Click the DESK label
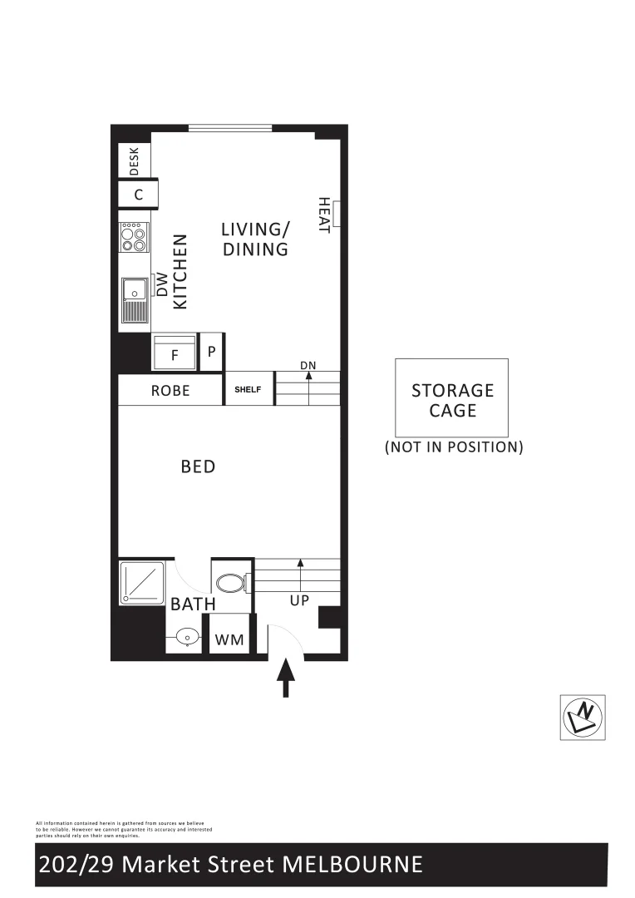pos(135,161)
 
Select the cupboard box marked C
pos(138,195)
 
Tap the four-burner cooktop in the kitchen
pos(134,237)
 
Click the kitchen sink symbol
pos(133,300)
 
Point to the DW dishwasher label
pos(162,285)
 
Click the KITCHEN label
pos(180,272)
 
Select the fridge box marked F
pos(175,353)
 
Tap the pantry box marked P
pos(212,352)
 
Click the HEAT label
pos(323,215)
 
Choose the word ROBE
pos(170,390)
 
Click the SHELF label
pos(249,389)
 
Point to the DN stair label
pos(308,365)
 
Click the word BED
pos(198,466)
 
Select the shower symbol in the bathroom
pos(143,583)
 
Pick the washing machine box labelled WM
pos(229,639)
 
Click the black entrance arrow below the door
pos(285,677)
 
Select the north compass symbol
pos(583,717)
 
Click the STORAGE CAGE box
pos(452,398)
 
